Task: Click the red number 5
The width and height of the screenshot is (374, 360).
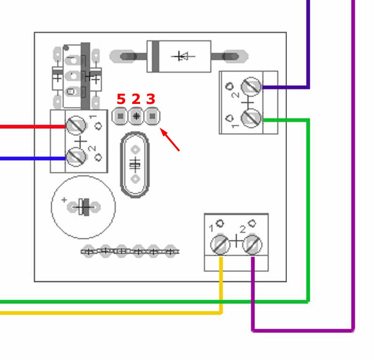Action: tap(121, 99)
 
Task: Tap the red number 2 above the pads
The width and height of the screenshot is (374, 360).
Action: tap(136, 99)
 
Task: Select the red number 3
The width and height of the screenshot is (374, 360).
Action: tap(151, 99)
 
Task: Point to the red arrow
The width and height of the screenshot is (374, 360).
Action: tap(170, 140)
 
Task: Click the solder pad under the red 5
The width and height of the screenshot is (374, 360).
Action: tap(120, 116)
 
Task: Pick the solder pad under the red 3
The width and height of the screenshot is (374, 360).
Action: tap(152, 116)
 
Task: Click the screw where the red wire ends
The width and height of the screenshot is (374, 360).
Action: tap(76, 125)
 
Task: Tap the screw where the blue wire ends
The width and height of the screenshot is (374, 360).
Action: tap(76, 157)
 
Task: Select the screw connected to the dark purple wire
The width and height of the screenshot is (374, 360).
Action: tap(251, 87)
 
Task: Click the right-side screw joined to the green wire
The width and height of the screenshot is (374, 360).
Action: tap(251, 118)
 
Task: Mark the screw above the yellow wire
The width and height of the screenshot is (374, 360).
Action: tap(220, 245)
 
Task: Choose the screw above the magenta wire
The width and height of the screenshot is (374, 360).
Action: tap(252, 245)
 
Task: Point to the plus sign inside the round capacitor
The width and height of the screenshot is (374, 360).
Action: tap(64, 199)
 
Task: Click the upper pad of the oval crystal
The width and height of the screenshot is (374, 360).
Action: tap(135, 150)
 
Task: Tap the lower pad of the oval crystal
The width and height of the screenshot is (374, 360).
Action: tap(135, 179)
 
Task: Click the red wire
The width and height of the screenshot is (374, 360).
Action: tap(33, 126)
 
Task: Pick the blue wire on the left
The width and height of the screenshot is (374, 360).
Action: tap(33, 158)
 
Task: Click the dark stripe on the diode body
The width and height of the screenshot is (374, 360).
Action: tap(156, 56)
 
